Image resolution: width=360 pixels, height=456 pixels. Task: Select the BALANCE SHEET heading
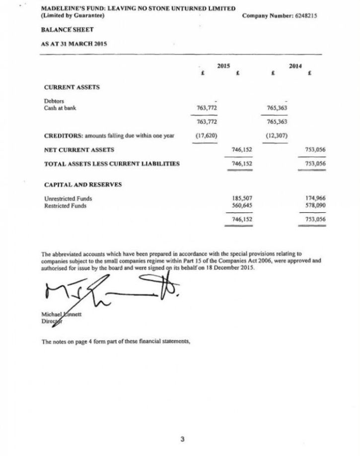pyautogui.click(x=67, y=30)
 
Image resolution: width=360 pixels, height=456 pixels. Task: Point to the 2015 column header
pyautogui.click(x=223, y=65)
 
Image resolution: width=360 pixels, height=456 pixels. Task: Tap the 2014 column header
pyautogui.click(x=295, y=65)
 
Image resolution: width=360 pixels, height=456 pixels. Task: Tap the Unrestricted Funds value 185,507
pyautogui.click(x=242, y=198)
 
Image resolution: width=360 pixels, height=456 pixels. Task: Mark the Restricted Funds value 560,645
pyautogui.click(x=242, y=205)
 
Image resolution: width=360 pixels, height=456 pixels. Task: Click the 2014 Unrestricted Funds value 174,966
pyautogui.click(x=315, y=198)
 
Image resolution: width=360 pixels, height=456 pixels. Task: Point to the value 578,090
pyautogui.click(x=315, y=205)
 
